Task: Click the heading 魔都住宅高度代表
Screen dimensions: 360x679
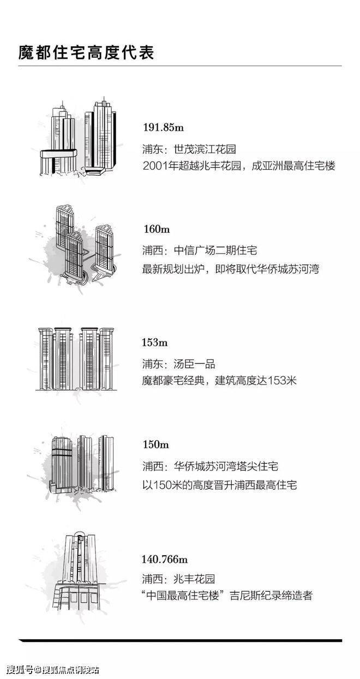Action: pyautogui.click(x=86, y=53)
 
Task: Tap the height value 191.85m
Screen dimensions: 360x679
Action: pyautogui.click(x=163, y=127)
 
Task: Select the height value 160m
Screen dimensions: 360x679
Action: pyautogui.click(x=157, y=229)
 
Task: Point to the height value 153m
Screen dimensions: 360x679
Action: pyautogui.click(x=155, y=342)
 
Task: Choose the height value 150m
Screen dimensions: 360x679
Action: pyautogui.click(x=156, y=444)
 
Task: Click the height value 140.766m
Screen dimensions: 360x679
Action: pyautogui.click(x=165, y=559)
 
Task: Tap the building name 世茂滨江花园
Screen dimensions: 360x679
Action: pyautogui.click(x=205, y=149)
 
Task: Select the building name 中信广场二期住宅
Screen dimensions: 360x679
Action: pyautogui.click(x=215, y=251)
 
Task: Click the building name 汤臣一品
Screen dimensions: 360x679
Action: pyautogui.click(x=194, y=364)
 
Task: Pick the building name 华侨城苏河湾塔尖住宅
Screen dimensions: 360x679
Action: pyautogui.click(x=226, y=466)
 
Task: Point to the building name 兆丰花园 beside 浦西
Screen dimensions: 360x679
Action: pyautogui.click(x=194, y=579)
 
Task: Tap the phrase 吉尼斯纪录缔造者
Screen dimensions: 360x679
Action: pyautogui.click(x=271, y=596)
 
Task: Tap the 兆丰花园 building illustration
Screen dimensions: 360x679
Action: pyautogui.click(x=80, y=572)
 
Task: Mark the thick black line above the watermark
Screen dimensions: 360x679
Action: pyautogui.click(x=180, y=640)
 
